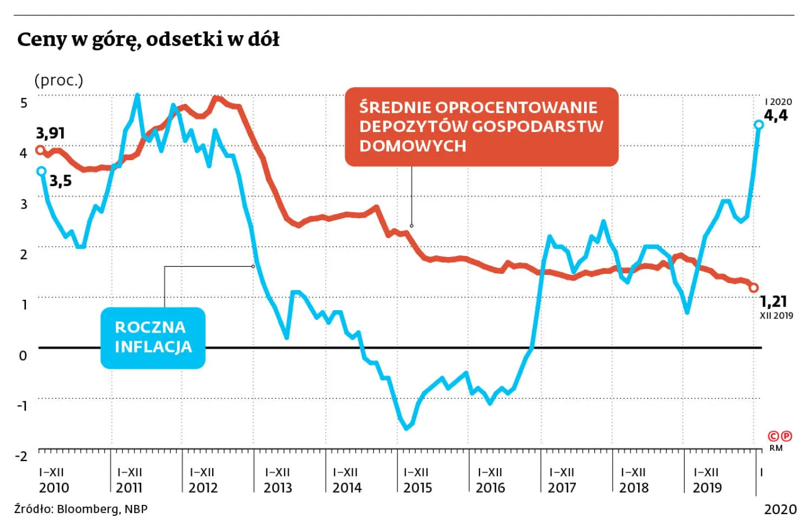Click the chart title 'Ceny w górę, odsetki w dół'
[x=148, y=40]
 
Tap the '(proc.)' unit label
[x=59, y=80]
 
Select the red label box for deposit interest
[x=481, y=127]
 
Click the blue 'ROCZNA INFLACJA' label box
[x=153, y=338]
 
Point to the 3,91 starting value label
[x=51, y=133]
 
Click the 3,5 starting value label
[x=61, y=181]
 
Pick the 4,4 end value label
[x=776, y=115]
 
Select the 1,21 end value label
[x=773, y=301]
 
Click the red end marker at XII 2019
[x=753, y=288]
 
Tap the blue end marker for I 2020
[x=759, y=124]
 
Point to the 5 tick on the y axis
[x=24, y=103]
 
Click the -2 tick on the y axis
[x=21, y=456]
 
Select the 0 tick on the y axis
[x=23, y=356]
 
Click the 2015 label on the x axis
[x=417, y=488]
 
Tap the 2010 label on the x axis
[x=54, y=488]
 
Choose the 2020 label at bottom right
[x=780, y=510]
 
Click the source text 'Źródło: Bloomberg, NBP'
[x=81, y=509]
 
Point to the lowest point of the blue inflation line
[x=406, y=428]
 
